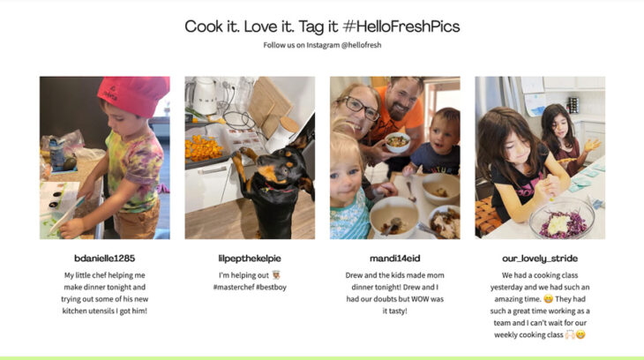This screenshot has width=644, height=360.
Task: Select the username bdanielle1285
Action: pyautogui.click(x=104, y=259)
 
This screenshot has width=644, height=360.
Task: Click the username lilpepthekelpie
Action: pyautogui.click(x=249, y=259)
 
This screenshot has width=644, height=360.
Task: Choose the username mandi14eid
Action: pyautogui.click(x=394, y=259)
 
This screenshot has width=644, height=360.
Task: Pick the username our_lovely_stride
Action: pyautogui.click(x=540, y=259)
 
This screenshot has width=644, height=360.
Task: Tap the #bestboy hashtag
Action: pyautogui.click(x=273, y=288)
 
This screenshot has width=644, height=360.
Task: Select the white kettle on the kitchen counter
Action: pyautogui.click(x=205, y=95)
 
